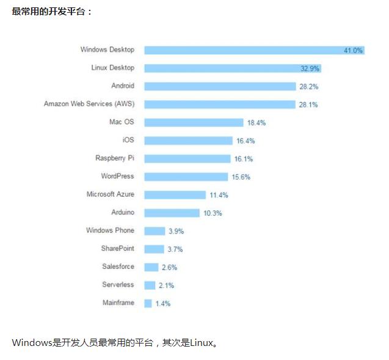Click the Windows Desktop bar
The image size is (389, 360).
pos(253,50)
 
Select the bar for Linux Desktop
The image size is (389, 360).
pos(232,68)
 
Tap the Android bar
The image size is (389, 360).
pos(220,86)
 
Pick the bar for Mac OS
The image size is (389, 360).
pos(194,122)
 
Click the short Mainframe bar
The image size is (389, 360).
pos(148,303)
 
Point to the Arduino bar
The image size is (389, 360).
pos(172,213)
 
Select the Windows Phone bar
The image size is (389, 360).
pos(155,231)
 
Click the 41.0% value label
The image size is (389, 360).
pos(353,51)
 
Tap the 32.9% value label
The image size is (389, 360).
pos(310,68)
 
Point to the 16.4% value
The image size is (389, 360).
pos(245,141)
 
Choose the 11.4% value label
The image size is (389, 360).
pos(219,195)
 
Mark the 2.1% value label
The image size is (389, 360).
pos(166,285)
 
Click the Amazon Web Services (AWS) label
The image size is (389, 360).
pos(89,104)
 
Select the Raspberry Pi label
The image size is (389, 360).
pos(115,158)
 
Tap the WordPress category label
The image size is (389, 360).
pos(117,176)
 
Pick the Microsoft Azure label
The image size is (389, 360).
pos(111,194)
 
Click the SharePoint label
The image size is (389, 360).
pos(118,249)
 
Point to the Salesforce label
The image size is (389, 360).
pos(118,267)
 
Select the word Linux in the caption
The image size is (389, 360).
pos(202,342)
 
